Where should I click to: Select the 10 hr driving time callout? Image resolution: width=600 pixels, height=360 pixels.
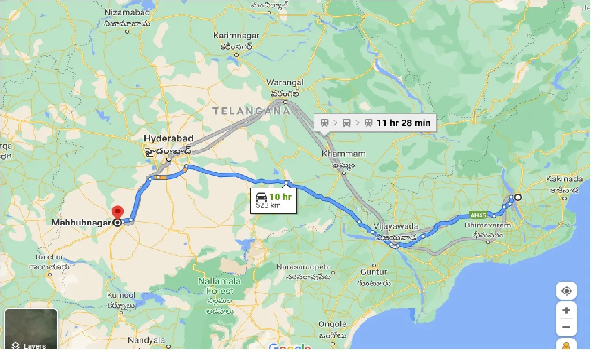274,200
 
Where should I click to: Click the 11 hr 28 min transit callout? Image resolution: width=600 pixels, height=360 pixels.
375,123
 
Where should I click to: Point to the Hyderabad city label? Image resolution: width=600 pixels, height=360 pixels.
168,139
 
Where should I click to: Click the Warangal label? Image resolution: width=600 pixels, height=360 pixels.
285,83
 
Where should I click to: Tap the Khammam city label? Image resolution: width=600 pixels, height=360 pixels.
337,154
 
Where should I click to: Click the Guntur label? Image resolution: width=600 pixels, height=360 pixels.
374,272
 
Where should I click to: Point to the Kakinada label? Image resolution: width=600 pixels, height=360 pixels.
564,179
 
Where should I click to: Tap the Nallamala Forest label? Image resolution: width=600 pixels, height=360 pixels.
219,286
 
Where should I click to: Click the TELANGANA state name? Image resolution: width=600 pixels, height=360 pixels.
251,112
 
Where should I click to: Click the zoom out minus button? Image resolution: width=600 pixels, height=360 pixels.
566,327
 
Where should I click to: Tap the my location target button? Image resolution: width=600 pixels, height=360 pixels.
566,291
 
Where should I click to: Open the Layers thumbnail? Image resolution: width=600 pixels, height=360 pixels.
31,329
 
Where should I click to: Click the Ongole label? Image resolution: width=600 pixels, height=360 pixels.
332,324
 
